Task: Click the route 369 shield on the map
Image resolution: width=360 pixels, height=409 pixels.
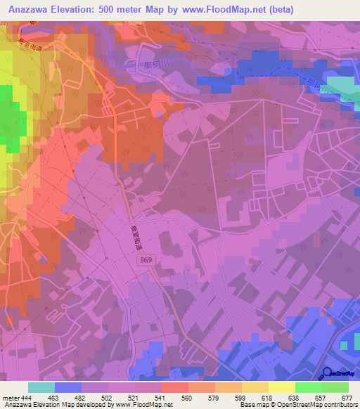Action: [x=144, y=260]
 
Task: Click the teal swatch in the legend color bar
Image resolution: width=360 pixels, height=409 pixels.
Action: [x=41, y=387]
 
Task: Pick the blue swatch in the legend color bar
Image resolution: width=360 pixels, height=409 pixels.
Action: [x=68, y=387]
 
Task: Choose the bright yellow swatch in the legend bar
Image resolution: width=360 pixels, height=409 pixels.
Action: [x=281, y=387]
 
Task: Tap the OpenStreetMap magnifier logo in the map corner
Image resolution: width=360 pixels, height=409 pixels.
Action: [x=326, y=373]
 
